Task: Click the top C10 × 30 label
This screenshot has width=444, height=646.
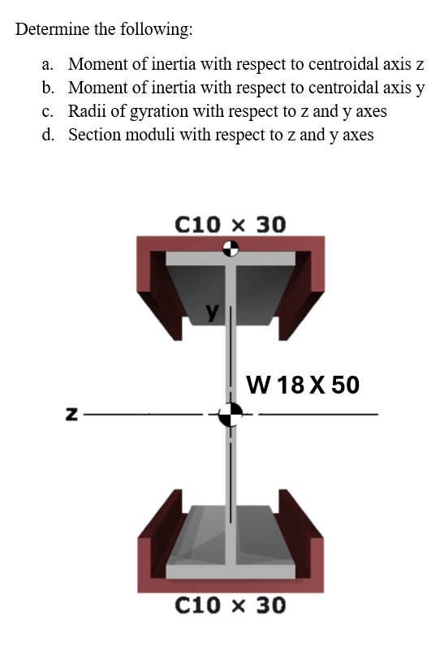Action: [231, 223]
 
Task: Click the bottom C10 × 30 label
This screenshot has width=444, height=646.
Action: [231, 605]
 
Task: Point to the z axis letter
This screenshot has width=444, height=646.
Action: [71, 415]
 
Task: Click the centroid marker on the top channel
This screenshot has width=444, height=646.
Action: [231, 248]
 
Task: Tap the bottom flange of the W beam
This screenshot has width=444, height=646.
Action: [231, 571]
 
